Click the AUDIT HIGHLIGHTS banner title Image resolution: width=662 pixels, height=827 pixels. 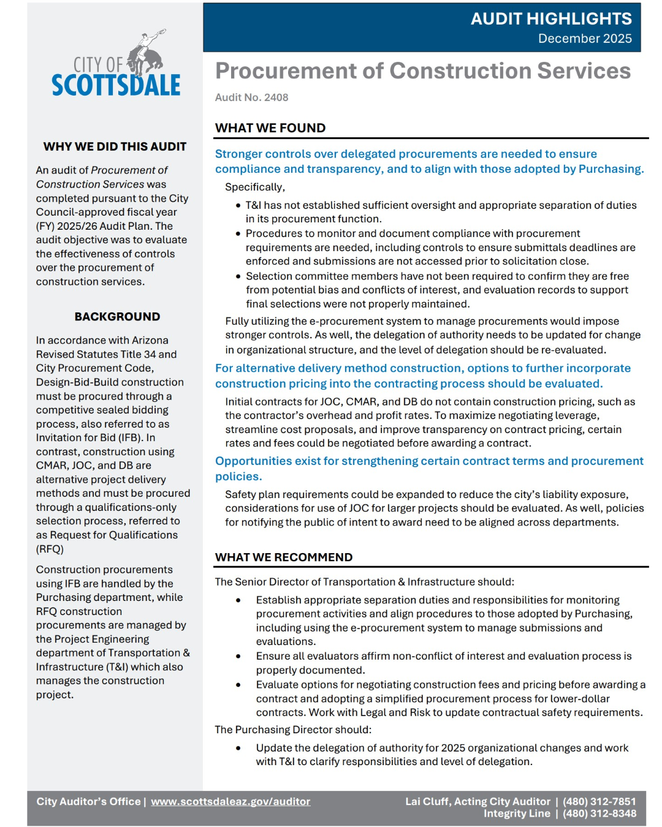tap(550, 19)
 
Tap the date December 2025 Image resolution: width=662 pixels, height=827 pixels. tap(584, 39)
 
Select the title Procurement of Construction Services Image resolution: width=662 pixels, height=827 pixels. tap(422, 71)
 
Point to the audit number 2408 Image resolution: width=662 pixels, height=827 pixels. tap(251, 97)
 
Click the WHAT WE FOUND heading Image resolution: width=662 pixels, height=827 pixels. tap(270, 128)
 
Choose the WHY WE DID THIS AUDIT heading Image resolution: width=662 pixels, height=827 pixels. tap(115, 146)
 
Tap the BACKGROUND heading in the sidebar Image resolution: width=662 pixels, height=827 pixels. tap(117, 317)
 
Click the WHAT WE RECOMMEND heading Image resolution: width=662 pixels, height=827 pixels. tap(283, 557)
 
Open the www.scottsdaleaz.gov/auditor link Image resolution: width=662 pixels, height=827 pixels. tap(230, 801)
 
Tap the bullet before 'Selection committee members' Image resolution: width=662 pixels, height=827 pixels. tap(238, 276)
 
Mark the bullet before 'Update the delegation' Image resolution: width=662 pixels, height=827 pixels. tap(238, 748)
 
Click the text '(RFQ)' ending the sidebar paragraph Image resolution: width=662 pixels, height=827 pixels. tap(50, 549)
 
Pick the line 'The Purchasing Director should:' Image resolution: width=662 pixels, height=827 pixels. tap(292, 730)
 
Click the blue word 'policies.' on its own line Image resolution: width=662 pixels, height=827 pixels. tap(238, 477)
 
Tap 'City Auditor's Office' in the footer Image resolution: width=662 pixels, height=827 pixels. tap(88, 801)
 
